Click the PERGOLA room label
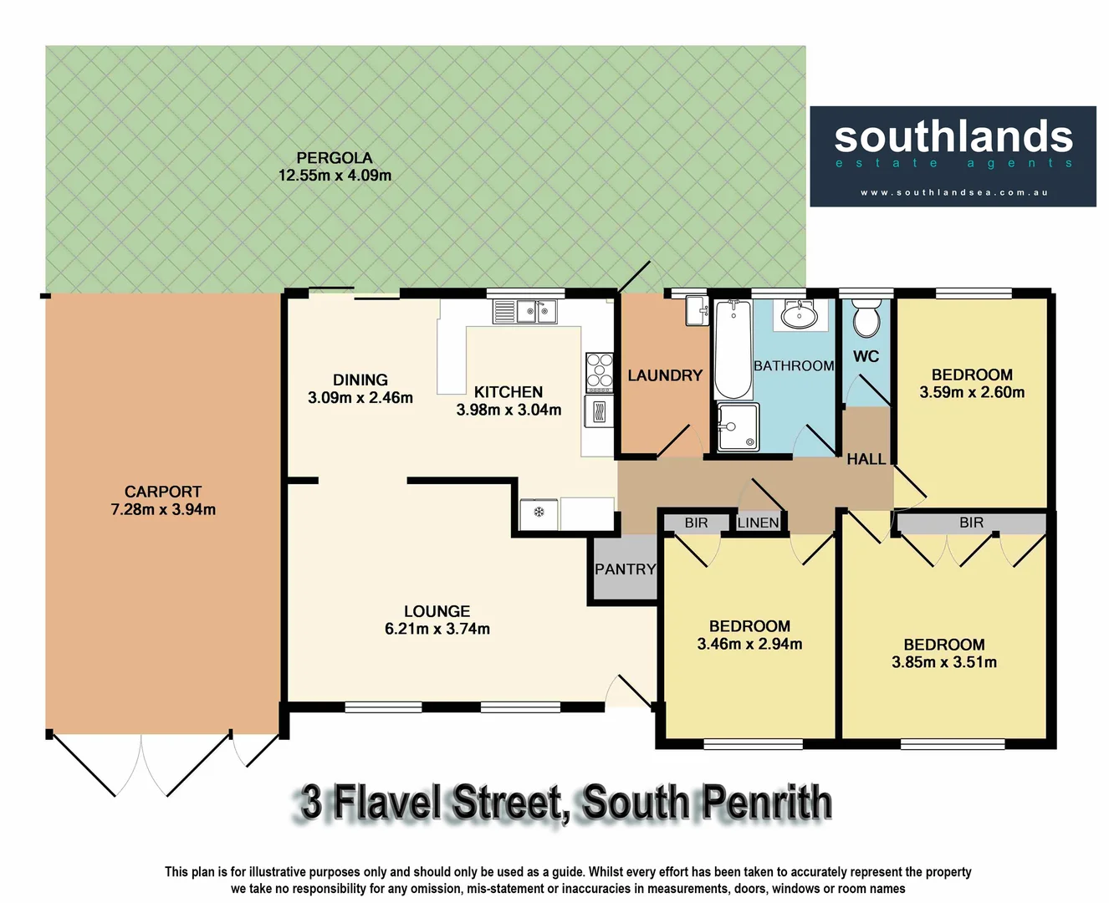[x=335, y=157]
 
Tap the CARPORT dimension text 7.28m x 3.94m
[x=163, y=509]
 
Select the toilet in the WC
[x=866, y=318]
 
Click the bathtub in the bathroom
[x=733, y=349]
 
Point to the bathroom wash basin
[x=799, y=315]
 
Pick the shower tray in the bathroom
[x=738, y=426]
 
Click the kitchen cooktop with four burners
[x=599, y=372]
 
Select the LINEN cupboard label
[x=759, y=523]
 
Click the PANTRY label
[x=625, y=569]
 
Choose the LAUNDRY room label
[x=665, y=375]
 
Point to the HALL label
[x=866, y=459]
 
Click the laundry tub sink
[x=697, y=311]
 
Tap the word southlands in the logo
[x=953, y=136]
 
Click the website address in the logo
[x=953, y=192]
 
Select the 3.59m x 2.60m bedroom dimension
[x=972, y=392]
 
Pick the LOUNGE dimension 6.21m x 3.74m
[x=437, y=629]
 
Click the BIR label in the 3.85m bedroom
[x=971, y=523]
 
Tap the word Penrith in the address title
[x=766, y=803]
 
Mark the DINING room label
[x=360, y=380]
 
